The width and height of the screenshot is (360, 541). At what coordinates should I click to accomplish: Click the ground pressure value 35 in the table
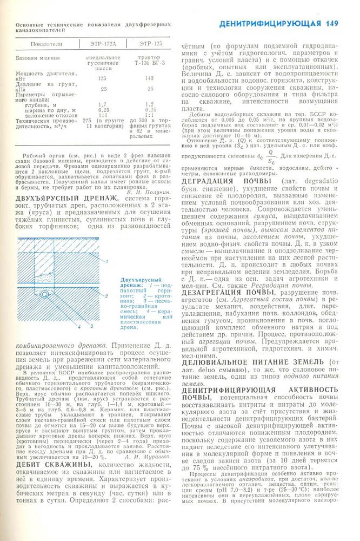pos(150,89)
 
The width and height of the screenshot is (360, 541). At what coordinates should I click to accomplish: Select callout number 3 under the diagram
pos(92,326)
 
